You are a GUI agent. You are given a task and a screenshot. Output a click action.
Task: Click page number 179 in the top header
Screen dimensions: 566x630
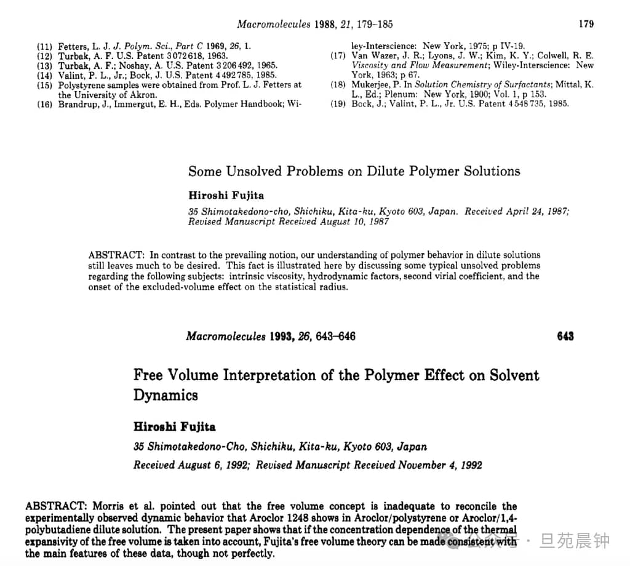pos(586,24)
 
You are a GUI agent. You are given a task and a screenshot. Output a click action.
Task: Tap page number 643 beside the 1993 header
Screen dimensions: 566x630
pos(565,336)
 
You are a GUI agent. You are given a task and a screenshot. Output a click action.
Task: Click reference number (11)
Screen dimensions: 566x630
pos(44,47)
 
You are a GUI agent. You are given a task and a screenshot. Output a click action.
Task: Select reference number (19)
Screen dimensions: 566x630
pos(338,103)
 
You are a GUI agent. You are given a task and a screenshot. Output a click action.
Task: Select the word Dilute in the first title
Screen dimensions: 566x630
pos(387,171)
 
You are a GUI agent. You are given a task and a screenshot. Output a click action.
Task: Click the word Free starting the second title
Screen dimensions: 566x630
pos(150,375)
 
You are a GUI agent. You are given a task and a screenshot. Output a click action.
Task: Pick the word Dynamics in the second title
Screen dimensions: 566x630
pos(166,395)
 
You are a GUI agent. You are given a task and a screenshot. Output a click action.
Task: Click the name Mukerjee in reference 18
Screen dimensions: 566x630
pos(372,84)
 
